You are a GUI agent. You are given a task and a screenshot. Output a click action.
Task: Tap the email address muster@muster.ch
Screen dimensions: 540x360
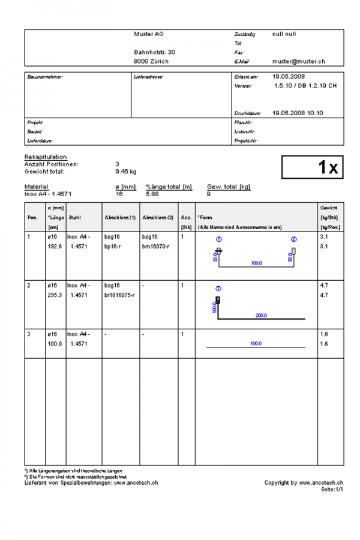(298, 61)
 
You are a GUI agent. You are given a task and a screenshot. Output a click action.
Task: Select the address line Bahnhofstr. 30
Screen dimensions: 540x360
(154, 52)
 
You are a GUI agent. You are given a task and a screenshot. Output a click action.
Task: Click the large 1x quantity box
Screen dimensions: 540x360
(313, 167)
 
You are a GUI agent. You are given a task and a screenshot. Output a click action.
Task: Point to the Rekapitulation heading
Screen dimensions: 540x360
(46, 157)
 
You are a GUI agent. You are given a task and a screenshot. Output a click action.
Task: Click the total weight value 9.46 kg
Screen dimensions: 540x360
(125, 171)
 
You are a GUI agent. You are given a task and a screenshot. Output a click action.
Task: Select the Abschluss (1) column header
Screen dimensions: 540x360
(120, 217)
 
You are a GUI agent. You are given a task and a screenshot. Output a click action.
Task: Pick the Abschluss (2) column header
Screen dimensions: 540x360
(158, 217)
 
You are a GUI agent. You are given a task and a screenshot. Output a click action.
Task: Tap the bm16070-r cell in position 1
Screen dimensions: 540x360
(155, 247)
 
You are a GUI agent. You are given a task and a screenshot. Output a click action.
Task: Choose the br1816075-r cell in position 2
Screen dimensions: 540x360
(119, 295)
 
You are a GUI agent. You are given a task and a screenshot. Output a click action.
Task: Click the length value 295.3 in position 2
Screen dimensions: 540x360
(55, 295)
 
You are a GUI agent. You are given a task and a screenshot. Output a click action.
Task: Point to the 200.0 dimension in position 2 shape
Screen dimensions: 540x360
(262, 315)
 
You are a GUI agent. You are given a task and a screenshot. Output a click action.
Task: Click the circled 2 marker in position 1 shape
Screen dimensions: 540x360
(294, 239)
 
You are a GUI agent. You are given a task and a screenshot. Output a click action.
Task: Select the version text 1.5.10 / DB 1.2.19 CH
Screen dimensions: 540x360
(305, 86)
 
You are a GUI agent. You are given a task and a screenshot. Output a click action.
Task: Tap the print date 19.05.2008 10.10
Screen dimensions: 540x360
(298, 113)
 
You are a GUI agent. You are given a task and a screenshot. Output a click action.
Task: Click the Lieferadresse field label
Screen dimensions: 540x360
(149, 77)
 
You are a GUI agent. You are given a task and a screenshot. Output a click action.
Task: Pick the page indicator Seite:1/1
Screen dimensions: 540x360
(332, 490)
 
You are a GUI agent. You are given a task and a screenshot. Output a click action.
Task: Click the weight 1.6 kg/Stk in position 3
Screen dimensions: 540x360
(325, 334)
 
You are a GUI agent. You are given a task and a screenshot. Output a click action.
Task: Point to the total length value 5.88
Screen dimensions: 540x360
(152, 194)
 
